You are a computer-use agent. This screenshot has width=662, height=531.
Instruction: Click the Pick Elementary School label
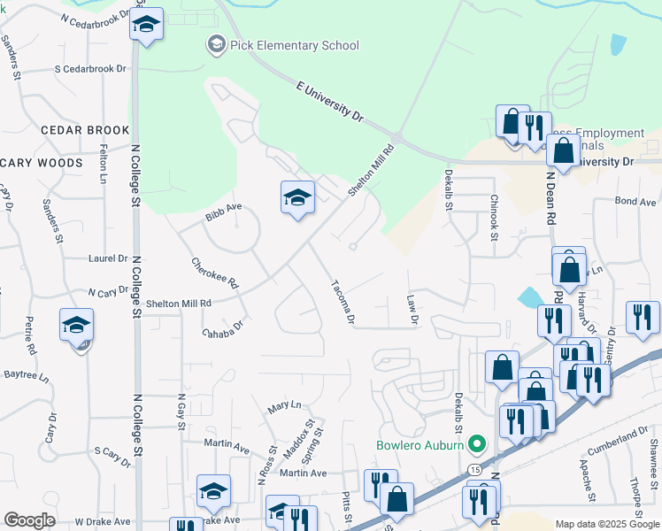click(294, 46)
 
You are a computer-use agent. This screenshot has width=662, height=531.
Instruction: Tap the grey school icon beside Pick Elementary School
click(216, 44)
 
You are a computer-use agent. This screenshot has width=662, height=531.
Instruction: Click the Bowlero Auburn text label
click(420, 444)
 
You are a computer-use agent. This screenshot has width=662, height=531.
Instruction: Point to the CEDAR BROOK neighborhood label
click(85, 130)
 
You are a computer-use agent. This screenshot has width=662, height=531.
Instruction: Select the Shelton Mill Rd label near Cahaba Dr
click(180, 303)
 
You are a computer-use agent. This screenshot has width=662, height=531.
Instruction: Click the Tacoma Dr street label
click(343, 302)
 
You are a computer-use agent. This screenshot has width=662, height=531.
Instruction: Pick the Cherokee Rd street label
click(215, 273)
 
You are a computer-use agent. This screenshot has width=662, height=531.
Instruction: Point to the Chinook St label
click(494, 217)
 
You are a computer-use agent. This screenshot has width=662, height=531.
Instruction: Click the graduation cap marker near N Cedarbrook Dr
click(146, 25)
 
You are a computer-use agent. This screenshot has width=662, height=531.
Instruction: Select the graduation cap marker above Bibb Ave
click(298, 197)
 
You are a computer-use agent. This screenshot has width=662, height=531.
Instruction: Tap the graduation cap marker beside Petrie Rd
click(77, 326)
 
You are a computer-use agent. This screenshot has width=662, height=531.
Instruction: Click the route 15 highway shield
click(475, 468)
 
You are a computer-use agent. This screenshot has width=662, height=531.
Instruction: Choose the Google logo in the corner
click(29, 520)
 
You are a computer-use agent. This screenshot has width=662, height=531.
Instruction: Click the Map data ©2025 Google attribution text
click(607, 524)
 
